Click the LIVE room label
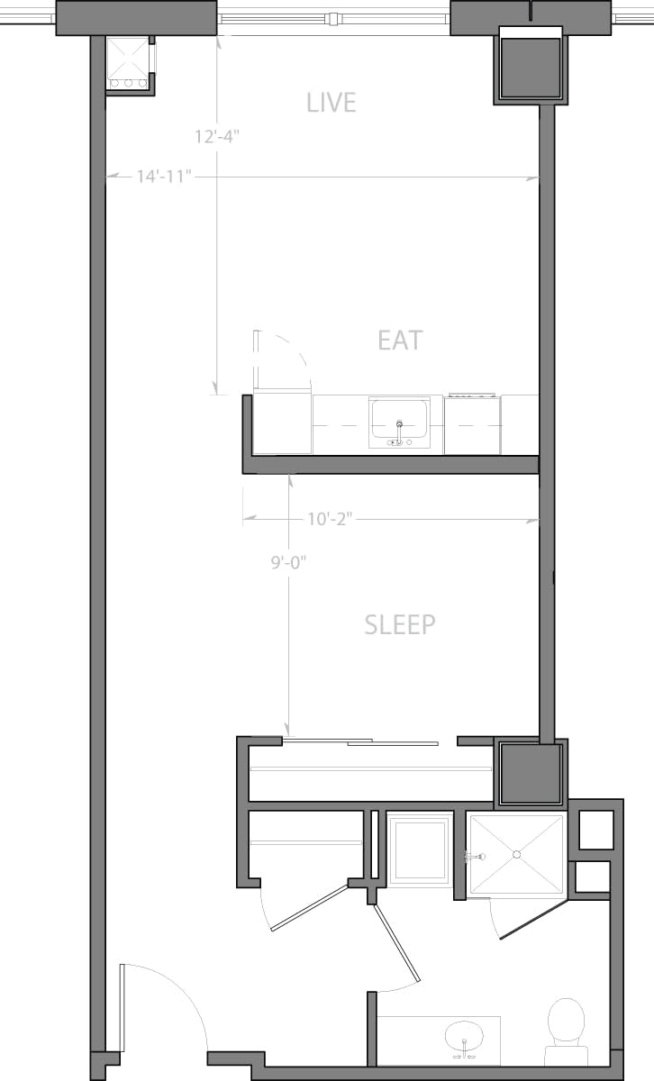[x=332, y=103]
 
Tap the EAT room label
[x=400, y=341]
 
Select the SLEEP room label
[x=400, y=624]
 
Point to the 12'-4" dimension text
[x=217, y=137]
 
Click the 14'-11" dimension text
[x=165, y=177]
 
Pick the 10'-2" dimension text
[x=329, y=519]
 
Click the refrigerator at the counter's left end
[x=282, y=423]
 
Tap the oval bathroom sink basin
[x=465, y=1036]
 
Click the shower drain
[x=517, y=853]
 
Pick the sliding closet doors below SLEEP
[x=360, y=741]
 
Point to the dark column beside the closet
[x=531, y=773]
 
